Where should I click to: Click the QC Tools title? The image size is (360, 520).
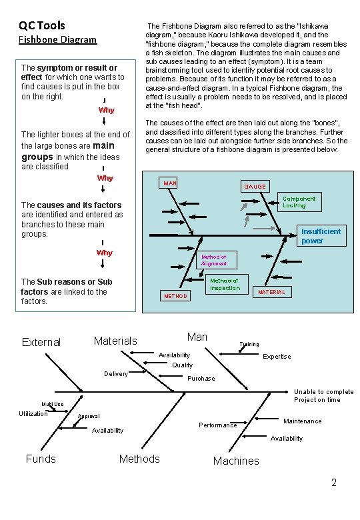point(42,25)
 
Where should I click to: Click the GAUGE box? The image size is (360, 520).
point(255,187)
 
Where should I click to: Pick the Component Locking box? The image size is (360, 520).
point(299,202)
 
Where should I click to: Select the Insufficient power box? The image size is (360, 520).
point(321,236)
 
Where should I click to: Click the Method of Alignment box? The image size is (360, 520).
point(214,260)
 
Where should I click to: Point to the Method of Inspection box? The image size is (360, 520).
point(224,284)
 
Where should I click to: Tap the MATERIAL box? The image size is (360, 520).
point(271,292)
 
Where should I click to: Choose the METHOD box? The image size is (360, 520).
point(175,295)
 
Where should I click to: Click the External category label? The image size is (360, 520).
point(41,342)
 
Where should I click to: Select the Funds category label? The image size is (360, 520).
point(41,459)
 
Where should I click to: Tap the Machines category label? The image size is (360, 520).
point(236,461)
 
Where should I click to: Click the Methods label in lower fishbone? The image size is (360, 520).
point(139,459)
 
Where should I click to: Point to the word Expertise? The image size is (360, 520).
point(277,357)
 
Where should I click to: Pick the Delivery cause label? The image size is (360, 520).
point(116,374)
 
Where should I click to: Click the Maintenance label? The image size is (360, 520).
point(303,421)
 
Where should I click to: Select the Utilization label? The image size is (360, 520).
point(33,414)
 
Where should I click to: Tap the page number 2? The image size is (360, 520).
point(335,483)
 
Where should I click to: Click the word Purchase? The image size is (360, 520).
point(201,379)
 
